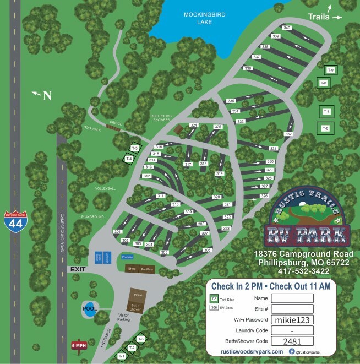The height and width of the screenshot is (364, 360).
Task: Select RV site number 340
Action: pyautogui.click(x=286, y=28)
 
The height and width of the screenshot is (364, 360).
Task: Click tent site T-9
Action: pyautogui.click(x=330, y=70)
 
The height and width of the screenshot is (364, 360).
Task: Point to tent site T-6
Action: pyautogui.click(x=325, y=128)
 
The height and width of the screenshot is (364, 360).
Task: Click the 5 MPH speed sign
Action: pyautogui.click(x=78, y=345)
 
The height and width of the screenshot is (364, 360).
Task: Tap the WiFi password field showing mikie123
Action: pyautogui.click(x=291, y=319)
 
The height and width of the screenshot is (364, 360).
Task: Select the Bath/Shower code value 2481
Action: pyautogui.click(x=291, y=341)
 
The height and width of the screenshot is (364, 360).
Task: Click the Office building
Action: pyautogui.click(x=138, y=296)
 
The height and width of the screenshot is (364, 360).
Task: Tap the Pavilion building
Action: pyautogui.click(x=147, y=269)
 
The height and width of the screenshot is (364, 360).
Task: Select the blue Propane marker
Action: pyautogui.click(x=127, y=257)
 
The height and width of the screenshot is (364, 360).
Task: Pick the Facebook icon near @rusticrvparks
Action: pyautogui.click(x=292, y=351)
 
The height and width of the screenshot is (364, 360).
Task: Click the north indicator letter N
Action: pyautogui.click(x=47, y=96)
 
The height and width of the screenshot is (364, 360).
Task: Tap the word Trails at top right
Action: pyautogui.click(x=319, y=17)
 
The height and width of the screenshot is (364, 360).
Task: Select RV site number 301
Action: pyautogui.click(x=117, y=232)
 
